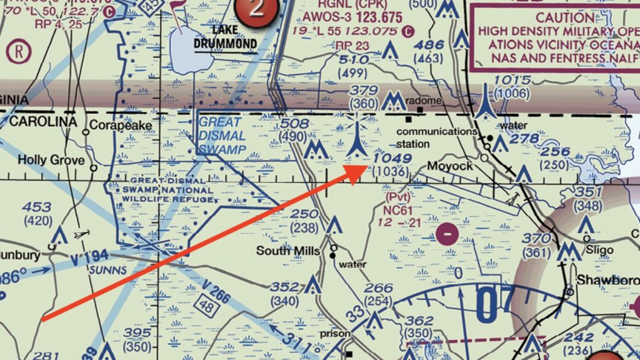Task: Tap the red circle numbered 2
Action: (255, 9)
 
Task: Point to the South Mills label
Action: (288, 251)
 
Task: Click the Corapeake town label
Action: (121, 125)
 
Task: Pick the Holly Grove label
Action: (51, 160)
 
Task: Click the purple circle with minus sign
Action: (447, 234)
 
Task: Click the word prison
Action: (336, 333)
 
